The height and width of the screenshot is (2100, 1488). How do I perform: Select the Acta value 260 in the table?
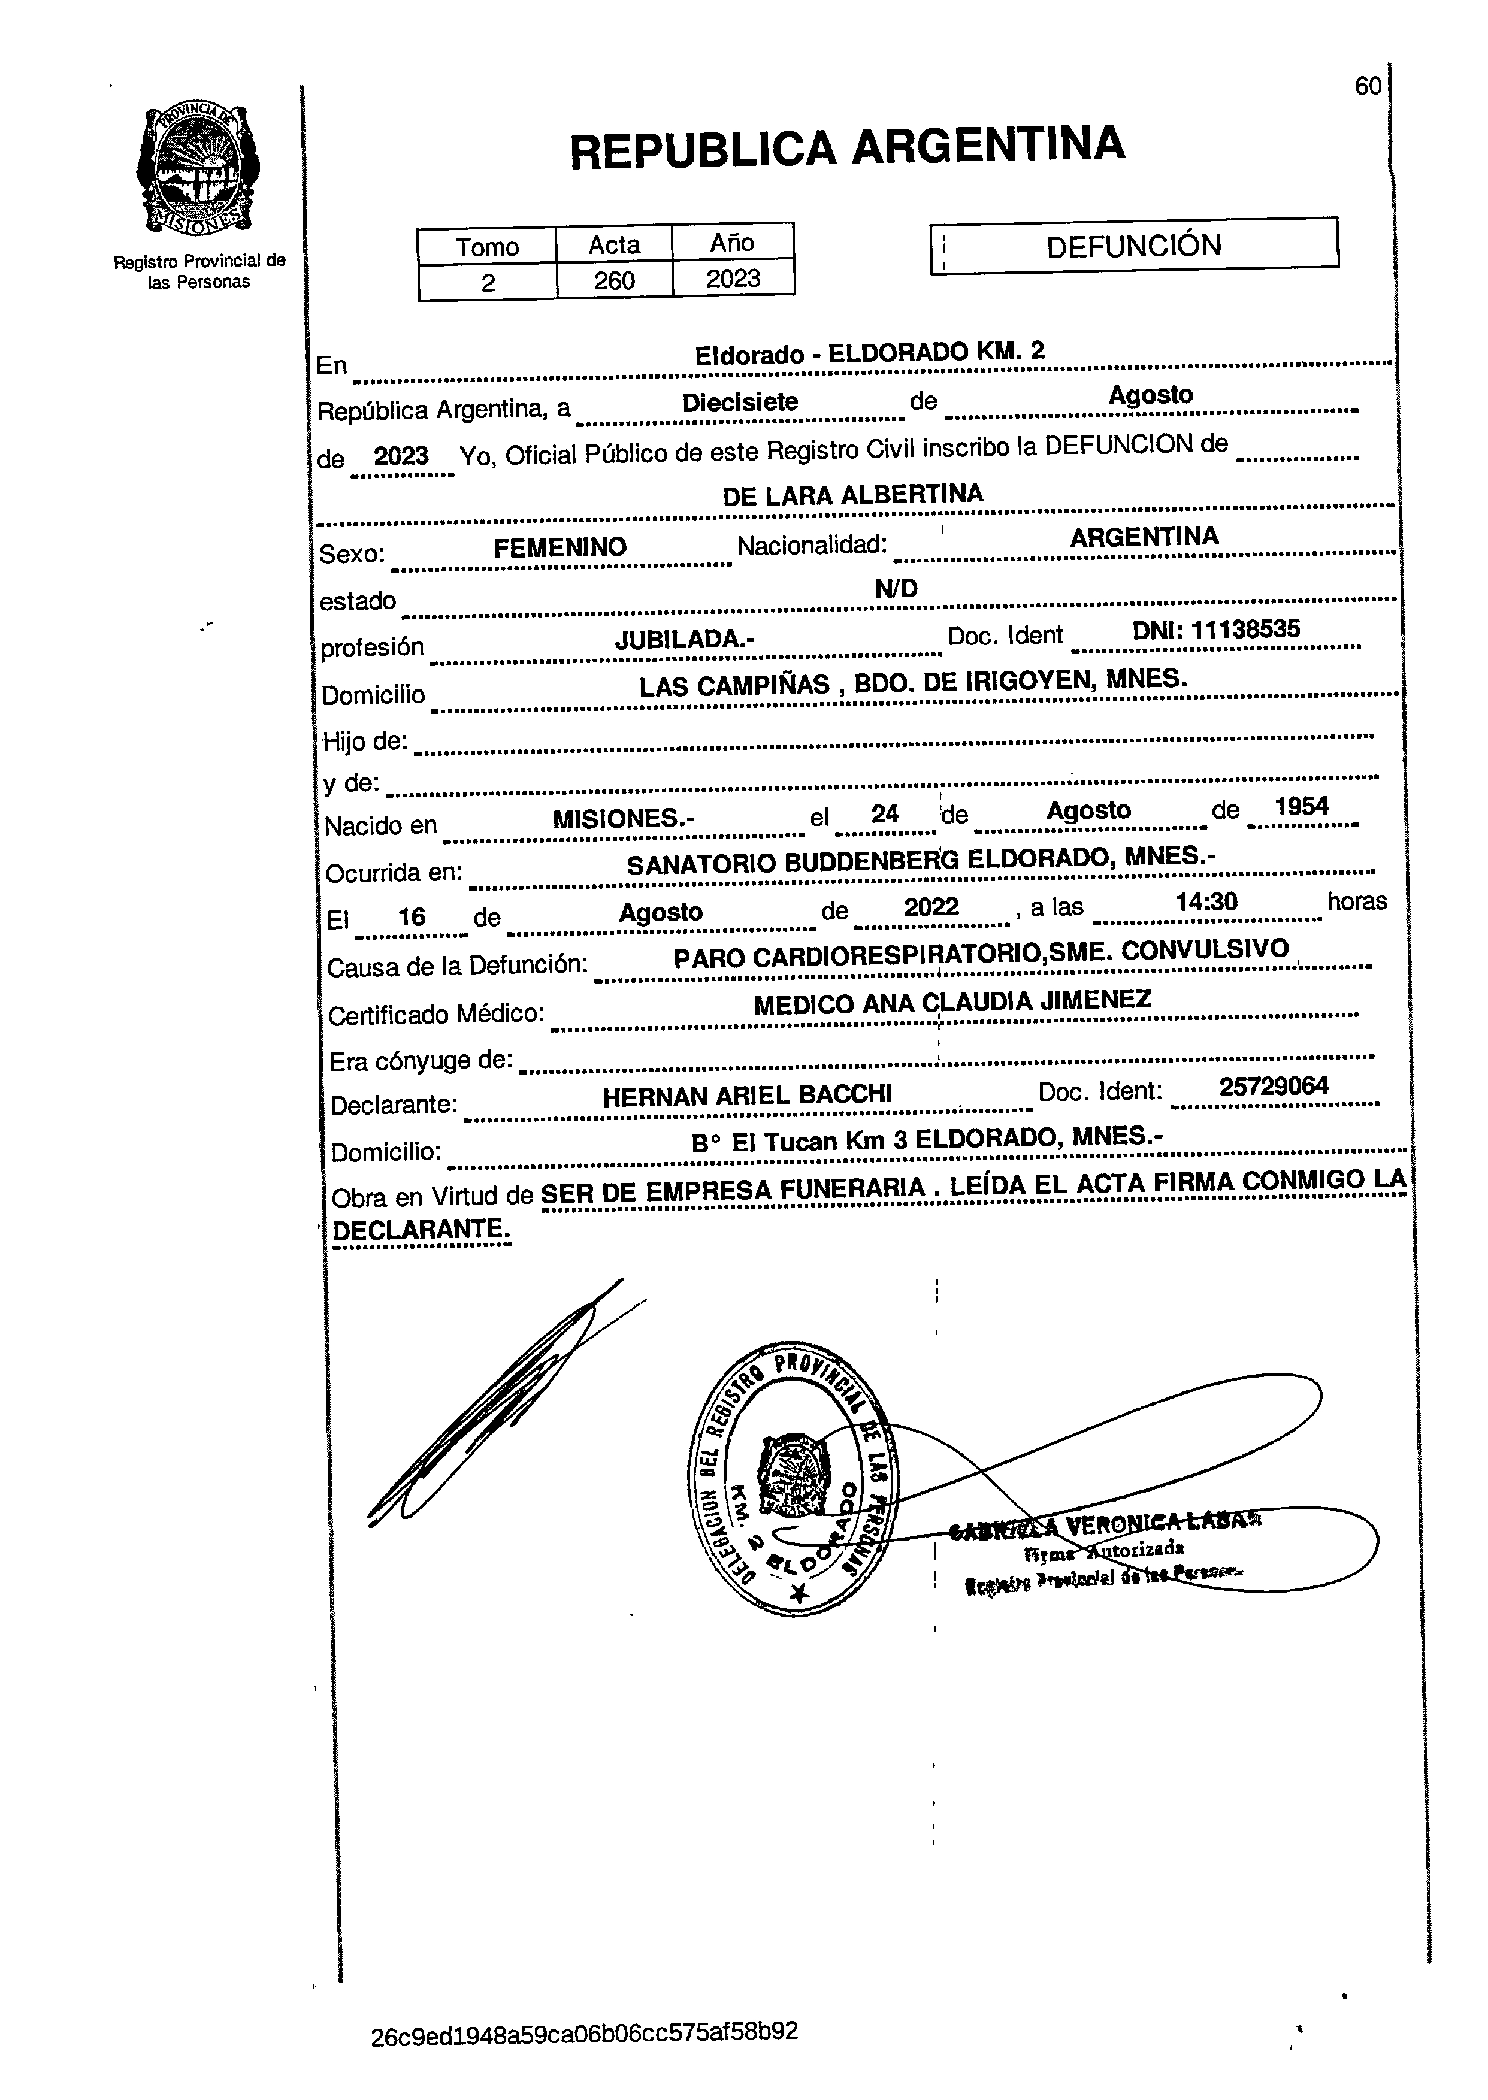click(614, 280)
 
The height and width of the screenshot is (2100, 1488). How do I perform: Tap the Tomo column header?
click(488, 246)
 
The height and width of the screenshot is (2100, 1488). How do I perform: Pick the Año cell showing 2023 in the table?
click(733, 279)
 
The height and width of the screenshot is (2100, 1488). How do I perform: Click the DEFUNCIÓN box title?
click(1133, 246)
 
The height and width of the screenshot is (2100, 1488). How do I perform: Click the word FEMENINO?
click(560, 548)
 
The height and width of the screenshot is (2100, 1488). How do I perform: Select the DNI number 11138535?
click(1245, 630)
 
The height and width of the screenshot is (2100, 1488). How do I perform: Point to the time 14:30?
click(1206, 903)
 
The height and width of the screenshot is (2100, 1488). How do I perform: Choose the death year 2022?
click(931, 907)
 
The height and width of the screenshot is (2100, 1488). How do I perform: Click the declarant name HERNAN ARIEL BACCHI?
click(747, 1096)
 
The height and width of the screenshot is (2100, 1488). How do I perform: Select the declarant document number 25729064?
click(1274, 1087)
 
